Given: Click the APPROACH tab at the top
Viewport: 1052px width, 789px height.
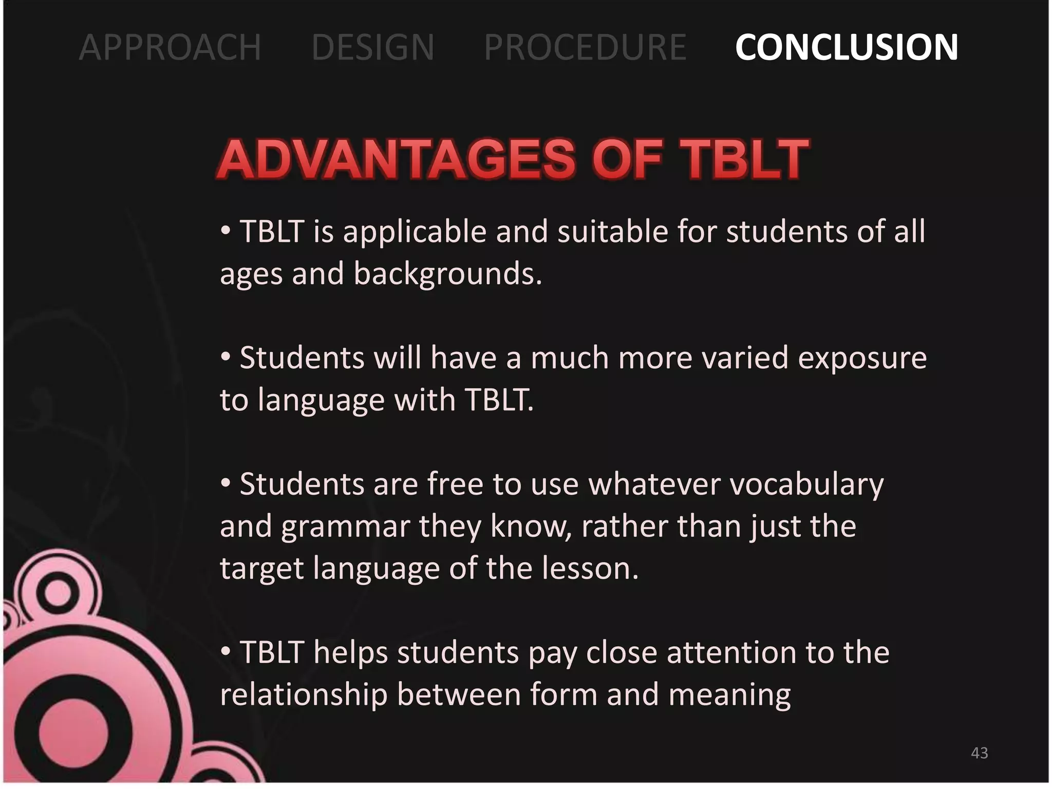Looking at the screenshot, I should tap(170, 47).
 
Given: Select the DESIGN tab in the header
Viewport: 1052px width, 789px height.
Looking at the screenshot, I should tap(373, 47).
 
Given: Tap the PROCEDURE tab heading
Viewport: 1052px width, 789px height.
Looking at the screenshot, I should tap(585, 47).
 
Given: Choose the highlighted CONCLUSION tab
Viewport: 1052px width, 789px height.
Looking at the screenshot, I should tap(846, 47).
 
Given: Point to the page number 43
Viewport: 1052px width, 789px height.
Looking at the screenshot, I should tap(979, 753).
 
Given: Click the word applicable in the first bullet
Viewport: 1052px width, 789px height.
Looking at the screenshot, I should tap(415, 232).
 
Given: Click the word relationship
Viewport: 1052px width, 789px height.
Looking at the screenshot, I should tap(304, 696).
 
